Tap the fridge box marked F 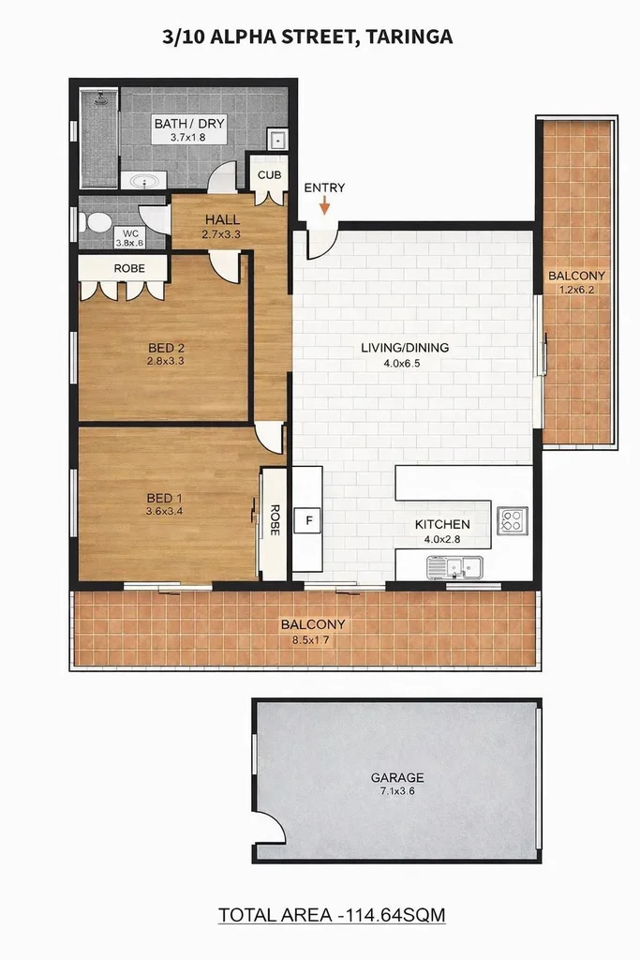[308, 519]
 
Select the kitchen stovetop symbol [513, 520]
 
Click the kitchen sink [454, 566]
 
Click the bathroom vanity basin [144, 181]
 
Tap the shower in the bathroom [99, 138]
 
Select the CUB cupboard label [270, 175]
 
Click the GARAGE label [397, 777]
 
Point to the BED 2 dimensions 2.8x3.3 [166, 361]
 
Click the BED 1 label [165, 498]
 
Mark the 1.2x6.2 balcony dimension [576, 290]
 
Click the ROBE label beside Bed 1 [275, 519]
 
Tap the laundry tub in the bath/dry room [278, 141]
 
